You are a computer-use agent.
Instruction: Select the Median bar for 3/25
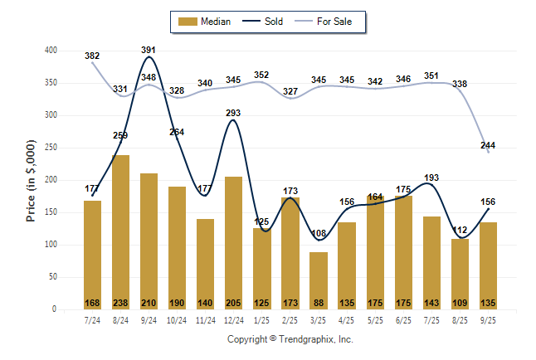(x=319, y=278)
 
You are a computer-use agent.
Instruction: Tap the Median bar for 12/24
(x=234, y=241)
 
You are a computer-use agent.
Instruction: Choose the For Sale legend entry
(x=332, y=22)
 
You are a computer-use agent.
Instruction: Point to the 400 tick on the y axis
(x=51, y=51)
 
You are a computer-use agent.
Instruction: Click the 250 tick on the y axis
(x=51, y=148)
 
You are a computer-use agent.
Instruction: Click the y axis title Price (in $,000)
(x=31, y=180)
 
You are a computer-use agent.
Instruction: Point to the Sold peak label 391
(x=149, y=50)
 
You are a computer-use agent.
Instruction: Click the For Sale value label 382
(x=93, y=56)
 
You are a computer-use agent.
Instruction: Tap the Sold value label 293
(x=234, y=113)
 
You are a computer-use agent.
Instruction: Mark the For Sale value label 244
(x=488, y=145)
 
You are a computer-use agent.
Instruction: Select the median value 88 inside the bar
(x=319, y=302)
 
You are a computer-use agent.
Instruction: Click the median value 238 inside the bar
(x=121, y=302)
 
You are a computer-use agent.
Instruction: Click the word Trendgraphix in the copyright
(x=307, y=339)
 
